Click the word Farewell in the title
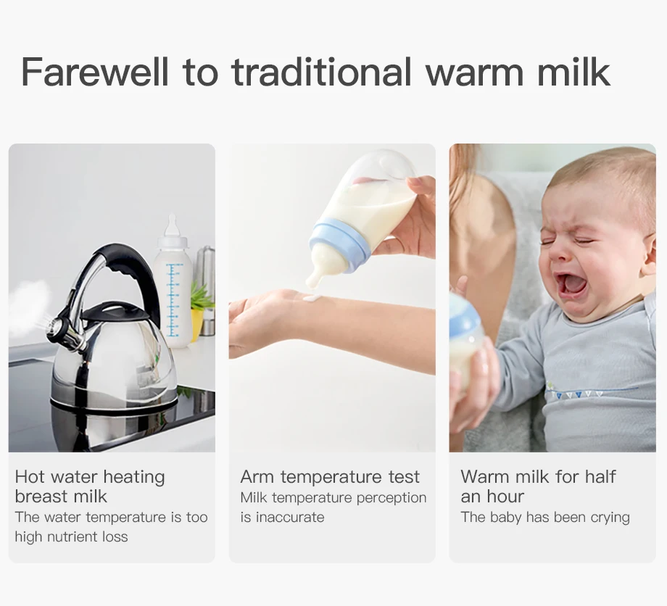pos(95,72)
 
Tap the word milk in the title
pos(574,72)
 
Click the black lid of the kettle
pos(114,313)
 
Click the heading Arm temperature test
pos(330,477)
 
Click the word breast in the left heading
pos(42,497)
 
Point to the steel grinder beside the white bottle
pos(207,290)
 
